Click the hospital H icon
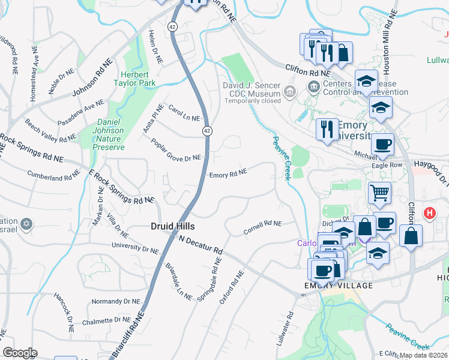429,213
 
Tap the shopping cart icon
379,193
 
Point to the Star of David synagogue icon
25,224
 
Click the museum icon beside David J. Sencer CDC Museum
291,91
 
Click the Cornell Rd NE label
262,227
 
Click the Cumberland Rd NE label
53,175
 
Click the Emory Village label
338,286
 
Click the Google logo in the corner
19,353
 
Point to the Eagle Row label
387,164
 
